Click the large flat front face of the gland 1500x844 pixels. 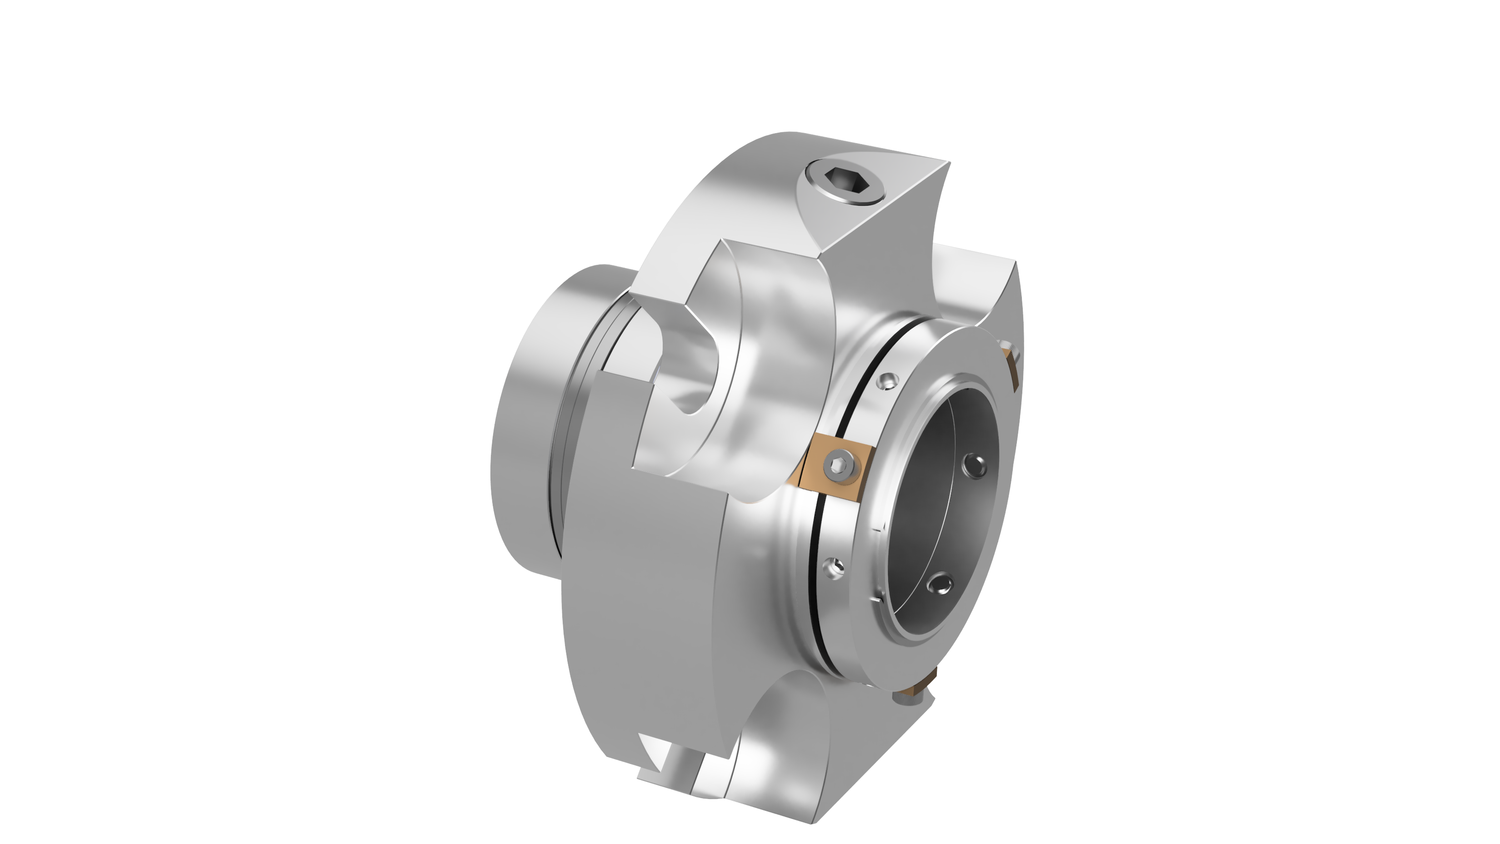click(x=640, y=582)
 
